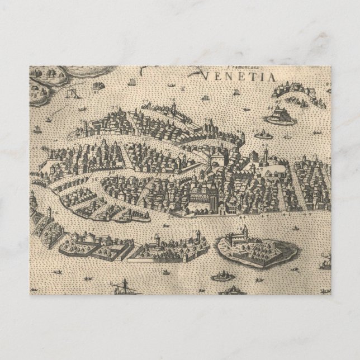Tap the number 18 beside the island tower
point(244,228)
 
